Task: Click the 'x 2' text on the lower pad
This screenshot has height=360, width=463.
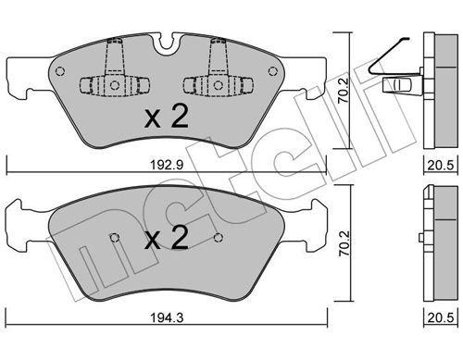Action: (x=167, y=241)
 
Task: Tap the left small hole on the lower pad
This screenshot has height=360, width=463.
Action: (x=113, y=237)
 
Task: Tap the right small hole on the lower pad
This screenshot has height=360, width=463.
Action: (x=217, y=237)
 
